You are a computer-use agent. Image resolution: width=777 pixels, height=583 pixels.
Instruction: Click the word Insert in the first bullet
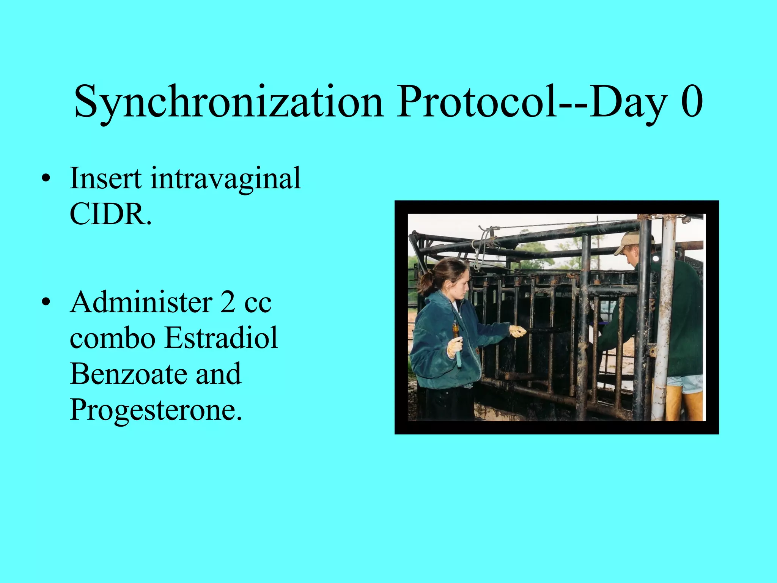pos(106,178)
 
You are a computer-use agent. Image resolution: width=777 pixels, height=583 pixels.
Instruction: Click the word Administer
pos(141,302)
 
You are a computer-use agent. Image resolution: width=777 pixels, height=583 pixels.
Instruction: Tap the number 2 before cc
pos(228,302)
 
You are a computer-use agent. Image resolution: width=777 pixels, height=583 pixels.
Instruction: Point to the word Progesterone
pos(156,410)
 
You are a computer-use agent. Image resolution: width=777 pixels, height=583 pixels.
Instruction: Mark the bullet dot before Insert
pos(46,179)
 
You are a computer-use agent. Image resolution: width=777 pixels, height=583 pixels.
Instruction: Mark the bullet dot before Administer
pos(46,303)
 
